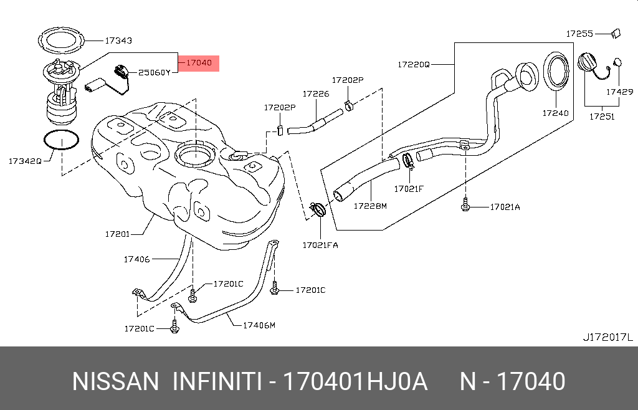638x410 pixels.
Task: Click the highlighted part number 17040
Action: coord(199,63)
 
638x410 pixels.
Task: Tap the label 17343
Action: coord(118,41)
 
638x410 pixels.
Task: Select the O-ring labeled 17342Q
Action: coord(62,141)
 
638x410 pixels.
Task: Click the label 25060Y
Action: coord(154,72)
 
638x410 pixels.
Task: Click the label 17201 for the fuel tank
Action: coord(117,234)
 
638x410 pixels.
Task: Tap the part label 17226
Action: coord(315,94)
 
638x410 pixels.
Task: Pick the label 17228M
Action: coord(371,206)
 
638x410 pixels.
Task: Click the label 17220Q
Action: coord(414,64)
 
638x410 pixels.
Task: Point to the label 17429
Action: coord(620,92)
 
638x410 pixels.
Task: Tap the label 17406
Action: coord(136,259)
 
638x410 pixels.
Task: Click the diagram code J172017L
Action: coord(607,337)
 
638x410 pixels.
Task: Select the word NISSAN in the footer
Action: coord(116,381)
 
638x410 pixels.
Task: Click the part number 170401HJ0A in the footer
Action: coord(355,381)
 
